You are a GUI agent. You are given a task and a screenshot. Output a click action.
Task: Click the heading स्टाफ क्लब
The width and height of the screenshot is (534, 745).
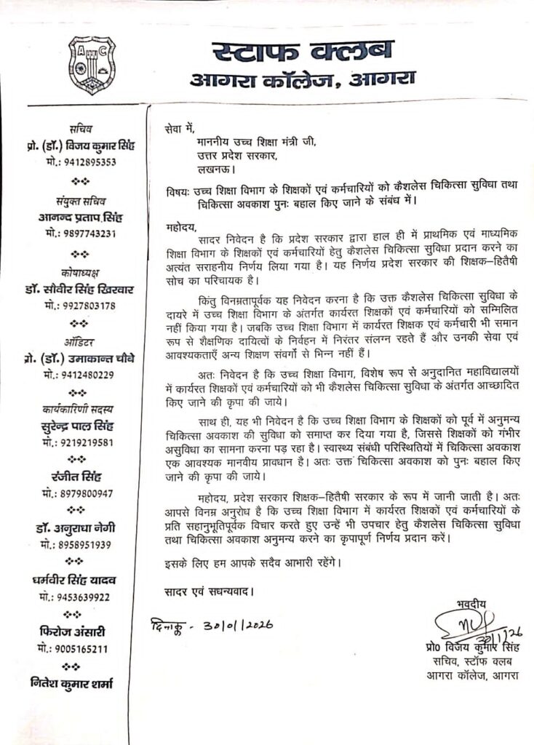click(x=303, y=52)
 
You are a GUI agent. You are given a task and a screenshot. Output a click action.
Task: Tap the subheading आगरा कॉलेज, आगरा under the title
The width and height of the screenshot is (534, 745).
click(x=303, y=80)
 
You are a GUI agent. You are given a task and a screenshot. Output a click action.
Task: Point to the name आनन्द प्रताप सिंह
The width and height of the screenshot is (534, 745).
click(x=78, y=218)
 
